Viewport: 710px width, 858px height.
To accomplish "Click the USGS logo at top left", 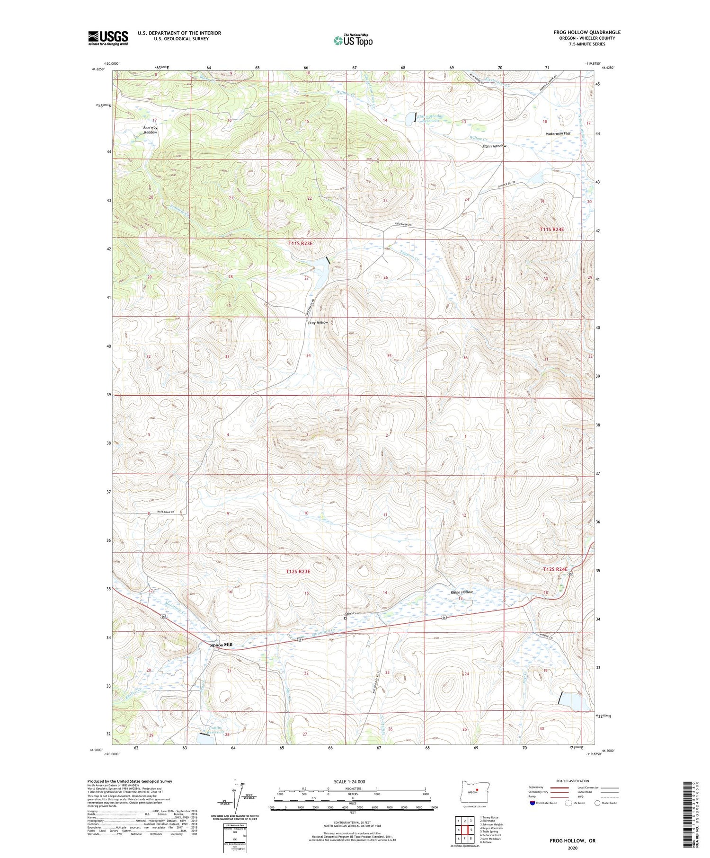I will tap(108, 38).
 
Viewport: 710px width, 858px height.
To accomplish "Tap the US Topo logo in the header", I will tap(353, 40).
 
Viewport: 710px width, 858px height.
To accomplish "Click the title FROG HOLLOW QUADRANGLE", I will tap(586, 32).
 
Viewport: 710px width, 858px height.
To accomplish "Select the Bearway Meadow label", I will tap(150, 130).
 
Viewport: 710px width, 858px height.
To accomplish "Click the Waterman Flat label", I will tap(558, 133).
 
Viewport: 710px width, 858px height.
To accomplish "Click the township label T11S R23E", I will tap(301, 243).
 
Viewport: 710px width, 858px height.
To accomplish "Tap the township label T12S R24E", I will tap(554, 569).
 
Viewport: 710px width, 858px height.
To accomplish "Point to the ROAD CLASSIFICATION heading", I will tap(573, 781).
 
